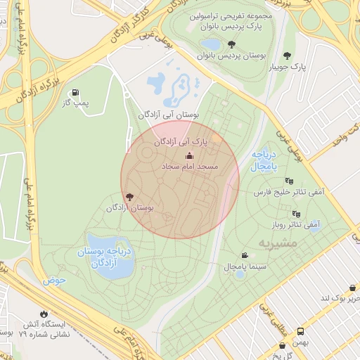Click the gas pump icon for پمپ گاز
click(x=75, y=93)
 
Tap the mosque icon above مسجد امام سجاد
click(x=188, y=155)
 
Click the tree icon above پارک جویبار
click(x=287, y=56)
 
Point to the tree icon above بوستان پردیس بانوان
click(x=232, y=44)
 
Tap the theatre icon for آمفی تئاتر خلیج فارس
click(x=289, y=181)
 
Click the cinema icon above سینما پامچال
click(x=244, y=255)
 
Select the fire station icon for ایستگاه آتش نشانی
click(x=45, y=314)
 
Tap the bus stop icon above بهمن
click(x=300, y=330)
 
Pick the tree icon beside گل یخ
click(x=283, y=346)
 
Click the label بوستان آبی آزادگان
click(x=169, y=114)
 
